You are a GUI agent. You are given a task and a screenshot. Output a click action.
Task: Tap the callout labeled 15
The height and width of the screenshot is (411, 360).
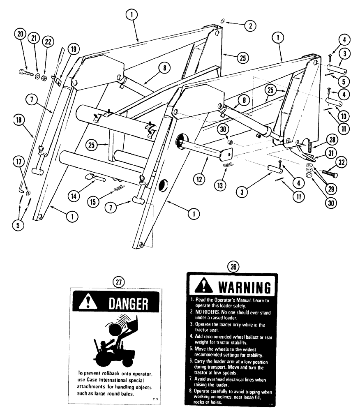pos(95,201)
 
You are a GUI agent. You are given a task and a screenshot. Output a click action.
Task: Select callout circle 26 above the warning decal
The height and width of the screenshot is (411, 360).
pos(233,267)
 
